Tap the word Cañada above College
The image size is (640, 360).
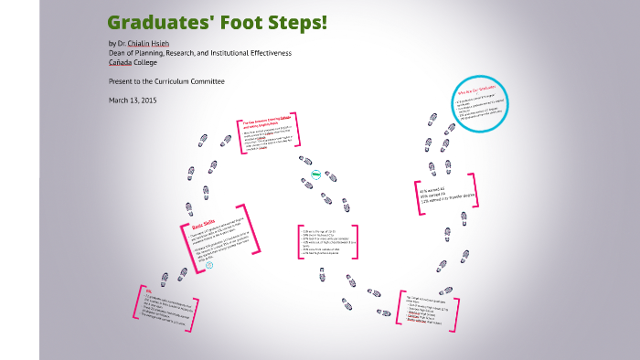[x=122, y=62]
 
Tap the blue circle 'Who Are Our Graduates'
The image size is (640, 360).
[x=480, y=105]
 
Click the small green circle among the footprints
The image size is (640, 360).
[x=315, y=173]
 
